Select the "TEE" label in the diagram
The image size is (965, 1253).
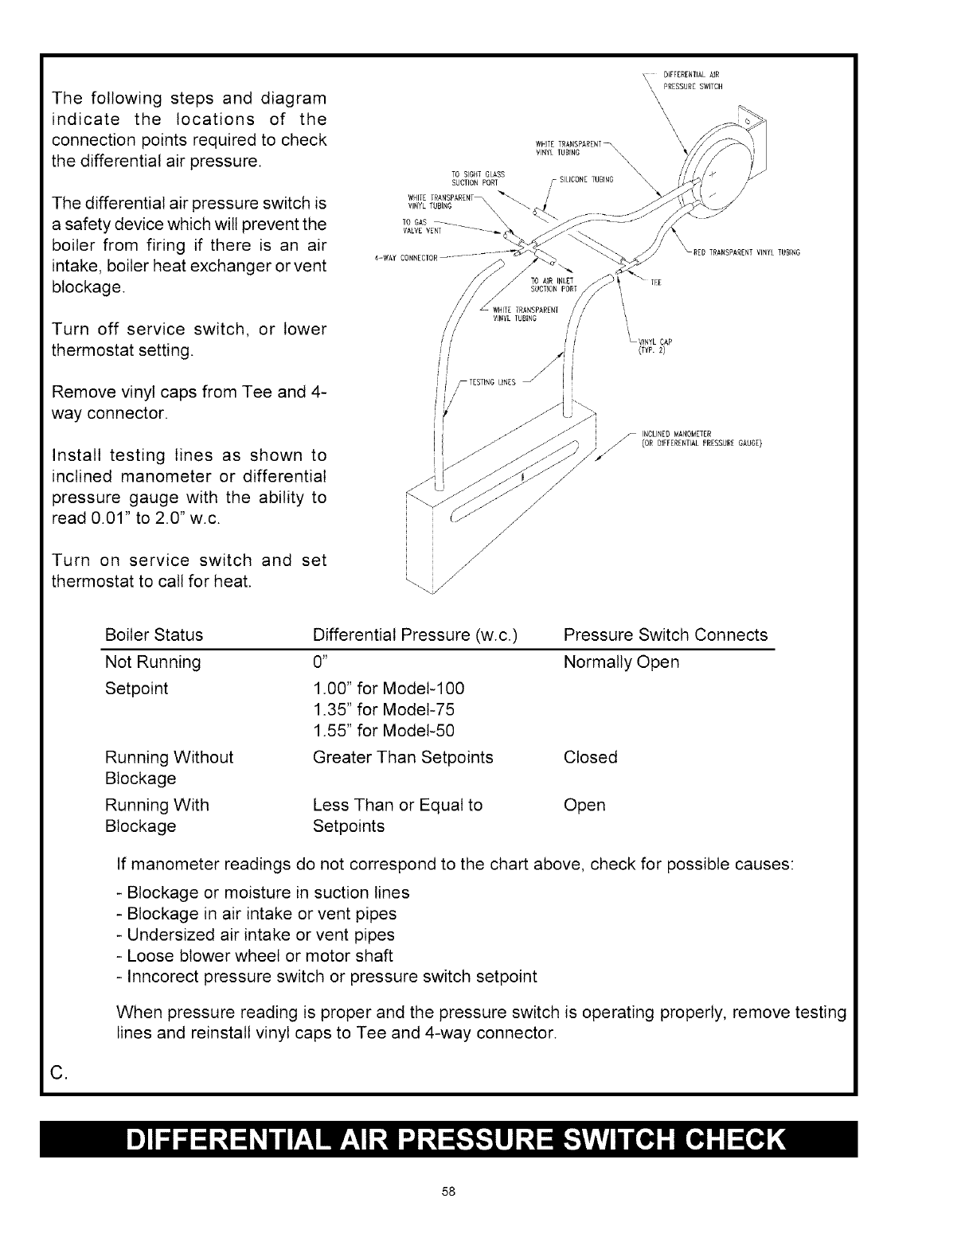[657, 282]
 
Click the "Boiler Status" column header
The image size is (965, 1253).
[154, 635]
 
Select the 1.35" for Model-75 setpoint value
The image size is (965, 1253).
[384, 709]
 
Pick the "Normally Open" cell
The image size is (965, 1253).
[621, 662]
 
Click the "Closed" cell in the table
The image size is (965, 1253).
[590, 757]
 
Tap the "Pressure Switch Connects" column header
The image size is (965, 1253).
[665, 635]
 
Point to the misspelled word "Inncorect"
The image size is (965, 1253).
[163, 977]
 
